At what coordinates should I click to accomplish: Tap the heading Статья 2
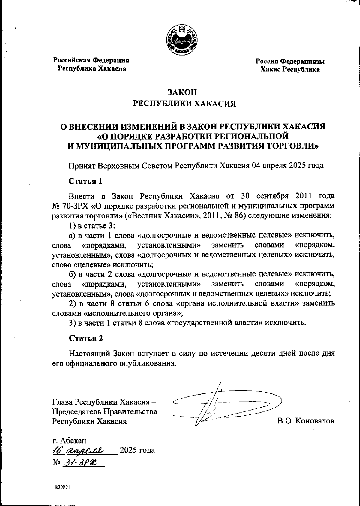86,338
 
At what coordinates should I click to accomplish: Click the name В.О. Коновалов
306,421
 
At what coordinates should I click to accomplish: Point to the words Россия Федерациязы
290,62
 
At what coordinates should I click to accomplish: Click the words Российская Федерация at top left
91,60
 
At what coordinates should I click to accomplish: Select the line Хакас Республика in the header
290,70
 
